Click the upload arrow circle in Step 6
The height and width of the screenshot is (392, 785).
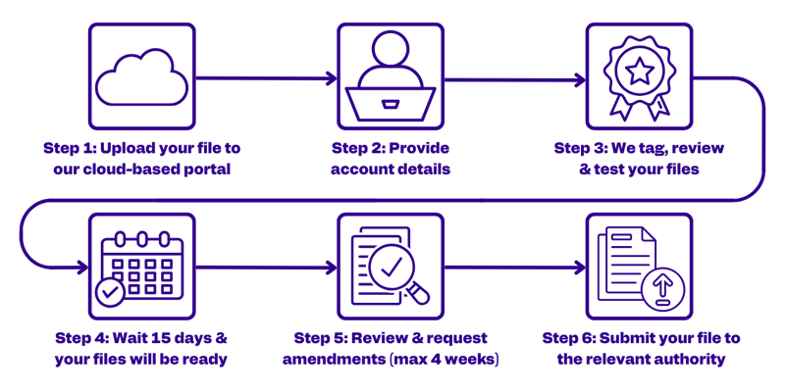coord(659,287)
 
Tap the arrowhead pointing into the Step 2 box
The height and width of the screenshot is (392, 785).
coord(331,76)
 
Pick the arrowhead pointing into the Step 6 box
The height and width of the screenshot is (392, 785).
coord(580,266)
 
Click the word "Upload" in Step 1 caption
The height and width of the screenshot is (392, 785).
coord(126,148)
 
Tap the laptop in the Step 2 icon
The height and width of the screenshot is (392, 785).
coord(390,99)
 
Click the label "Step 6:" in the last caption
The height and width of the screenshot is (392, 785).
coord(570,337)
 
